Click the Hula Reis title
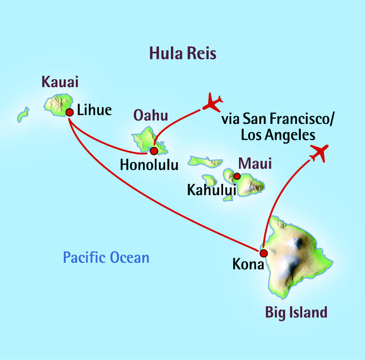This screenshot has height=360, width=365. click(x=182, y=53)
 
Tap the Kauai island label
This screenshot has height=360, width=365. click(x=59, y=81)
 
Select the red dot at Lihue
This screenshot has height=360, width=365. click(x=70, y=112)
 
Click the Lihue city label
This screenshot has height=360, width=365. click(x=94, y=110)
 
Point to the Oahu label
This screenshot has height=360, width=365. click(x=150, y=116)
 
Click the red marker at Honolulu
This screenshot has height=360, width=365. click(x=154, y=150)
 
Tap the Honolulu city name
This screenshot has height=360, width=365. click(x=149, y=165)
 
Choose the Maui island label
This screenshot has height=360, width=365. click(x=256, y=164)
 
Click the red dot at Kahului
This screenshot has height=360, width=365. click(x=237, y=176)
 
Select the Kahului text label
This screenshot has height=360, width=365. click(x=211, y=190)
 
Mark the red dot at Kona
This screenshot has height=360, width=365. click(x=264, y=253)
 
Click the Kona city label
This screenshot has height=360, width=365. click(x=248, y=265)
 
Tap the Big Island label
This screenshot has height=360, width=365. click(x=296, y=312)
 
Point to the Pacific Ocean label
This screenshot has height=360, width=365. click(x=106, y=257)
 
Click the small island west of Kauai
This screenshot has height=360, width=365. click(x=23, y=115)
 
